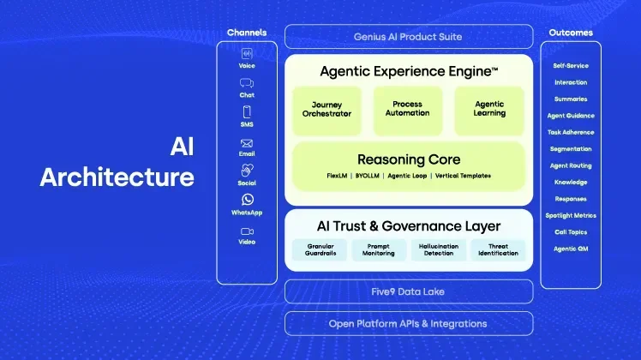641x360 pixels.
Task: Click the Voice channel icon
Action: coord(247,53)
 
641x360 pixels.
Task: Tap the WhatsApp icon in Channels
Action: coord(247,199)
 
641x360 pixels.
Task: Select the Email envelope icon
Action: coord(247,143)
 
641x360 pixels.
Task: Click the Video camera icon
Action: coord(247,231)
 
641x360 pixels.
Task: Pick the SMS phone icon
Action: coord(247,111)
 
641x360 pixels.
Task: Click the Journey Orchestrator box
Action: coord(326,109)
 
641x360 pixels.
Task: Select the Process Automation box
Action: coord(407,109)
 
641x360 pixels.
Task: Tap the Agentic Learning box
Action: coord(489,109)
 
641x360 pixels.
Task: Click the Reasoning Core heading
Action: coord(408,159)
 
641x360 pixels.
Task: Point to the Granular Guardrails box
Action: coord(319,249)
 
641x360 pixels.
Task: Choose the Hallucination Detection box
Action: coord(438,249)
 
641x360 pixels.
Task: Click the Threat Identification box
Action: coord(498,249)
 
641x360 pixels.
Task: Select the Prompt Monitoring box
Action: coord(378,249)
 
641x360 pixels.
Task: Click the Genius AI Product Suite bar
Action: coord(408,37)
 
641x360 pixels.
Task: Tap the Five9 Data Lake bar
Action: coord(408,291)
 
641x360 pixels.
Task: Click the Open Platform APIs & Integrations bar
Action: coord(408,323)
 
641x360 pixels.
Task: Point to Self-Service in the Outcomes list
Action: coord(571,66)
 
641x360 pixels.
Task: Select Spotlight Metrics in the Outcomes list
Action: coord(571,215)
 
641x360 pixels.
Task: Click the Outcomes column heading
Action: coord(571,33)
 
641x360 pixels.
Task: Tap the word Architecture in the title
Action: coord(117,177)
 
